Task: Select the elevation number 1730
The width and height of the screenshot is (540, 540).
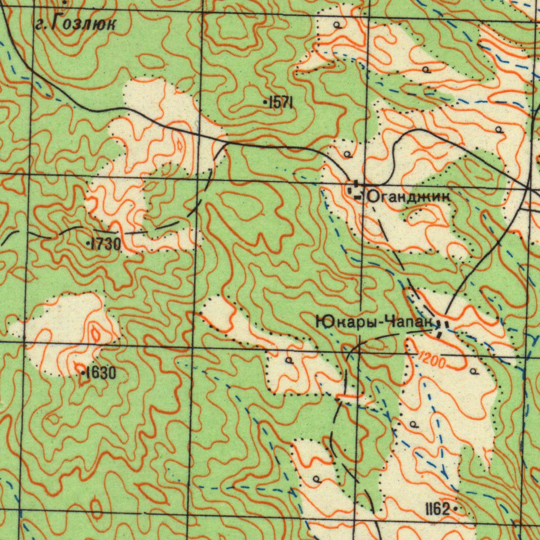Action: coord(105,244)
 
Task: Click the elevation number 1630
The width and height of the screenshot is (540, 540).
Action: coord(100,373)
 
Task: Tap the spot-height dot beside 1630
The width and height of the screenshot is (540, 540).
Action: coord(83,373)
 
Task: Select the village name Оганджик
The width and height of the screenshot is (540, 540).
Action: coord(409,197)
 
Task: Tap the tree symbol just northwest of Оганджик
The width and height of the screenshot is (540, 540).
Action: coord(348,154)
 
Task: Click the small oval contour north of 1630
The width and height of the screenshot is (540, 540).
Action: coord(95,333)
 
